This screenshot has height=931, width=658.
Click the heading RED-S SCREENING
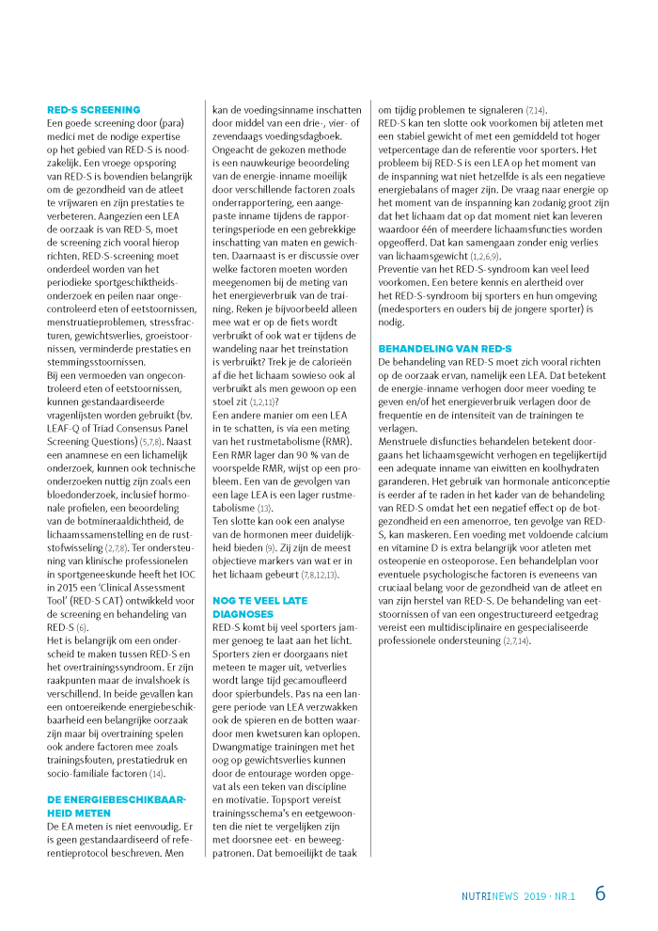[94, 109]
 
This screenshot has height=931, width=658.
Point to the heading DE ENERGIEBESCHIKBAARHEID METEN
[117, 805]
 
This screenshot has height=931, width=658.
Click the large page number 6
[600, 894]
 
